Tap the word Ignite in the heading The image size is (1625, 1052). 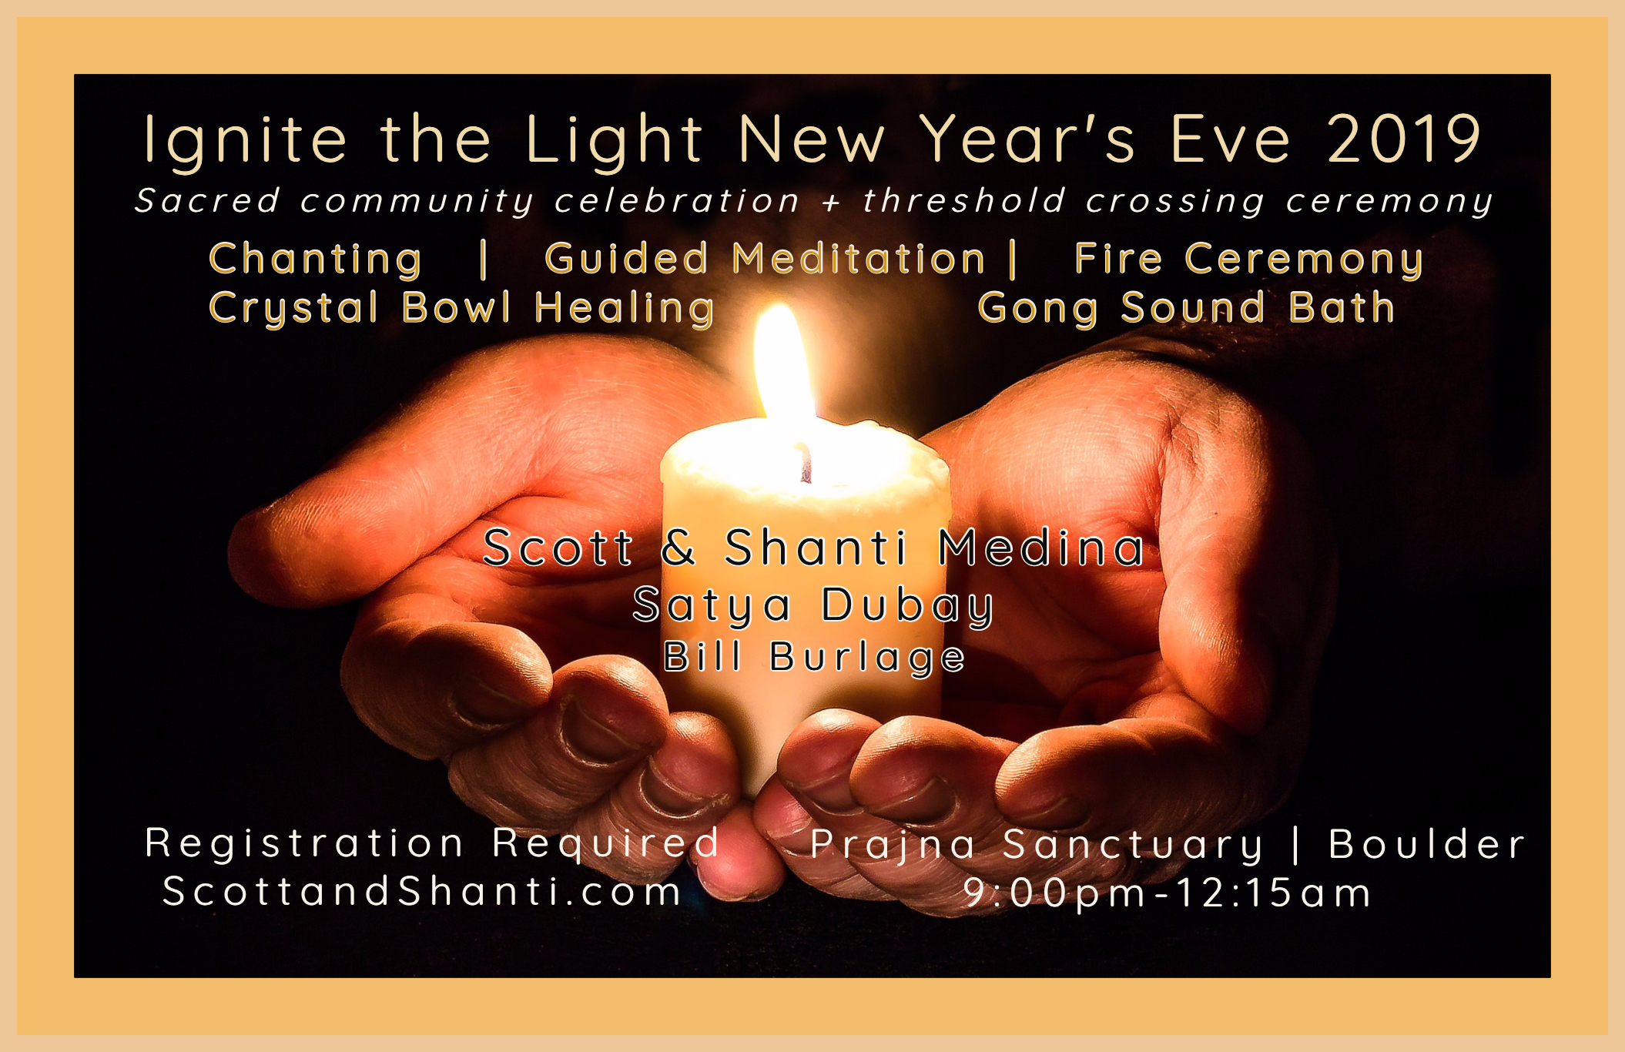[245, 142]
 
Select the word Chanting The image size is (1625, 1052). [316, 260]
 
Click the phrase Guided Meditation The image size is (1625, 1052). [765, 259]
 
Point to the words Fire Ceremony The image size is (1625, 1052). [1248, 260]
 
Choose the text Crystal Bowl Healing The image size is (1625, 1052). [462, 309]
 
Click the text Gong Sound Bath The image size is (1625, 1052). [1187, 309]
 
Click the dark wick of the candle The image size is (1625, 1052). [806, 464]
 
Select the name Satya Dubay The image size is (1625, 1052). [813, 606]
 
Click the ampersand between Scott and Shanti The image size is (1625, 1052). [678, 548]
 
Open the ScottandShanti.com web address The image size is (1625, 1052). [422, 892]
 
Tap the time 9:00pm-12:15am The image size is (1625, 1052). [1168, 893]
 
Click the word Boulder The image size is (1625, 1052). [1427, 844]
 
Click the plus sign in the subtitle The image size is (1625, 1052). [831, 203]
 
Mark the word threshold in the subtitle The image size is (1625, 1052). [964, 200]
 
